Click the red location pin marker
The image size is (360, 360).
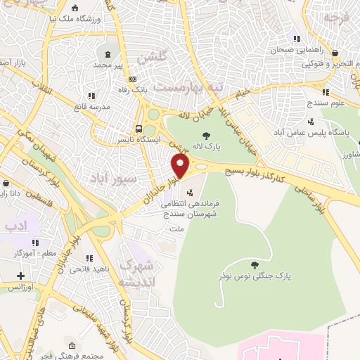coord(181,167)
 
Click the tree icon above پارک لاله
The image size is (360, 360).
coord(205,136)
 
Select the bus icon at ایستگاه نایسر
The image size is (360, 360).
coord(140,129)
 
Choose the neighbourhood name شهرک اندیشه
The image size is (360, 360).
coord(136,273)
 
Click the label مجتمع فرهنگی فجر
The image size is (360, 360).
coord(78,356)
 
